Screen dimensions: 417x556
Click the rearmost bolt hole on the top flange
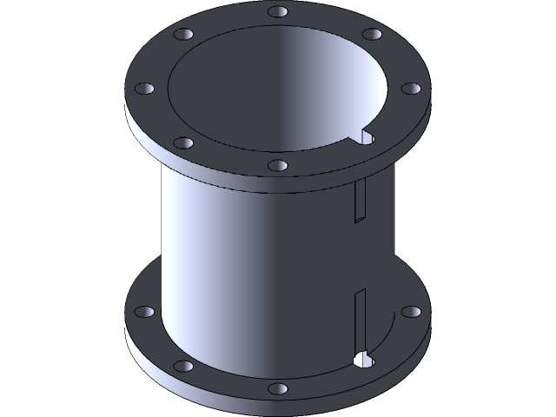pos(278,12)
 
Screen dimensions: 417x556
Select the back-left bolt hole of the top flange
pos(183,35)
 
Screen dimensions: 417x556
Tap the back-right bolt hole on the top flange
pos(372,35)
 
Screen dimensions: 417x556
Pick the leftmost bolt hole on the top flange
pos(143,88)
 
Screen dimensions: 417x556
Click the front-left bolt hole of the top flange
pos(182,142)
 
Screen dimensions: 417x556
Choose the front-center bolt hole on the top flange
pos(277,164)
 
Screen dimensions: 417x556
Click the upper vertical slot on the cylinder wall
pos(358,202)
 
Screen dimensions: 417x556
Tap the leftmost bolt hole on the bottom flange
pos(143,310)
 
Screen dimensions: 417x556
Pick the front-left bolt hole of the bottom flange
pos(182,366)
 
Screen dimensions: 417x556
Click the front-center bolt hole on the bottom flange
pos(277,387)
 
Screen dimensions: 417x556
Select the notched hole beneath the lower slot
pos(363,357)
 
